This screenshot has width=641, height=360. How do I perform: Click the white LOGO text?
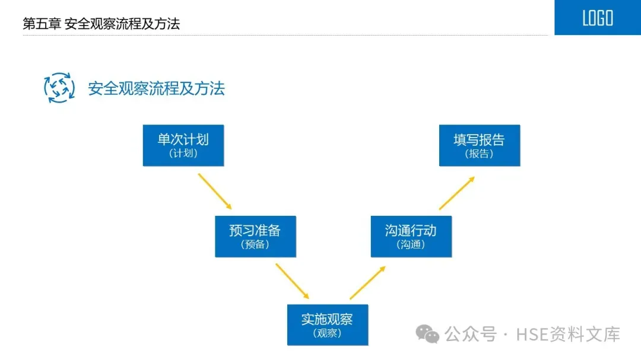(597, 18)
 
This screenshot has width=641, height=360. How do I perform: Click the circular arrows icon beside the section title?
(59, 88)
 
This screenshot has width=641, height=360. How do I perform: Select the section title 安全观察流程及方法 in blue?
(157, 89)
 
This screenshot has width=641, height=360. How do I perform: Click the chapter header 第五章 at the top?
(42, 24)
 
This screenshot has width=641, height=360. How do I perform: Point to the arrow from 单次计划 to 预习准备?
(214, 192)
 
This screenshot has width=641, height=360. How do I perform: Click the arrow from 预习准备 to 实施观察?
(292, 281)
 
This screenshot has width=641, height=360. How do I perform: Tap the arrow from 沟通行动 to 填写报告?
(457, 193)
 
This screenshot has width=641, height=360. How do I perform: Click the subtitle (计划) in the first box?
(183, 154)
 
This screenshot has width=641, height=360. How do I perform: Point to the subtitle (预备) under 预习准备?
(255, 244)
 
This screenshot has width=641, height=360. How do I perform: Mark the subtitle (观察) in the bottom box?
(327, 333)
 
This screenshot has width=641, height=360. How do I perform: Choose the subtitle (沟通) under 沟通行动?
(411, 244)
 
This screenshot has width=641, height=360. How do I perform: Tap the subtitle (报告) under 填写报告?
(479, 154)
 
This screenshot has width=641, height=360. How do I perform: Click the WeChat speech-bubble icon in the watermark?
(427, 334)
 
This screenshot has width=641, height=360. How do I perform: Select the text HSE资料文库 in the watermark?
(568, 334)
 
